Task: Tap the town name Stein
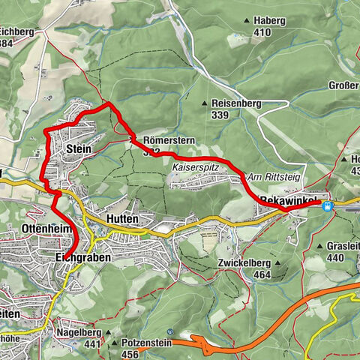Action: click(x=79, y=149)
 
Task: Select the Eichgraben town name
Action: click(x=83, y=256)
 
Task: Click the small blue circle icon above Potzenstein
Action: click(x=172, y=331)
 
